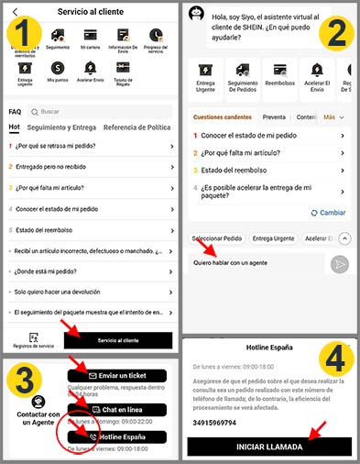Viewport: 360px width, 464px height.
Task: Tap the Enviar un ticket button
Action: tap(117, 375)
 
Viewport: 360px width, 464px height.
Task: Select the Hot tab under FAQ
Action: tap(14, 127)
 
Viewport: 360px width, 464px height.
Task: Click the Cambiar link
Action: tap(328, 212)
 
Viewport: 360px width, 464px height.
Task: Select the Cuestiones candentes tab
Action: tap(222, 117)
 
